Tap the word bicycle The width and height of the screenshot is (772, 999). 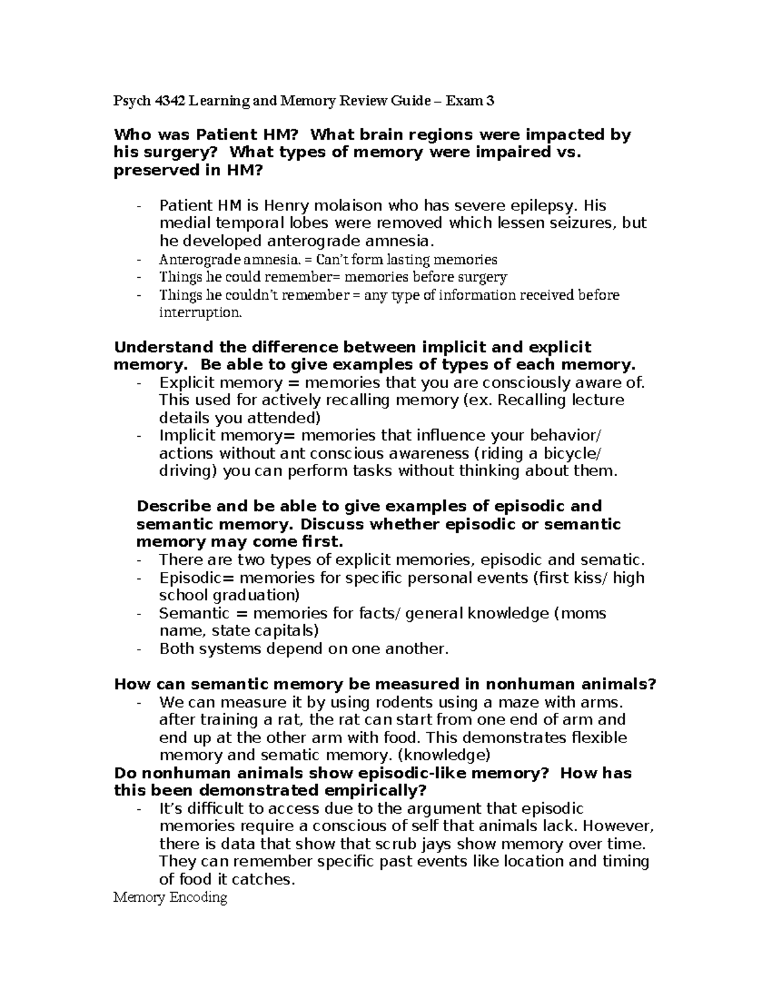[x=569, y=453]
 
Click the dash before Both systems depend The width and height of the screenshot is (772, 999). [x=140, y=649]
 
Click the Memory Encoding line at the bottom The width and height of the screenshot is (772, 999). [x=170, y=897]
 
